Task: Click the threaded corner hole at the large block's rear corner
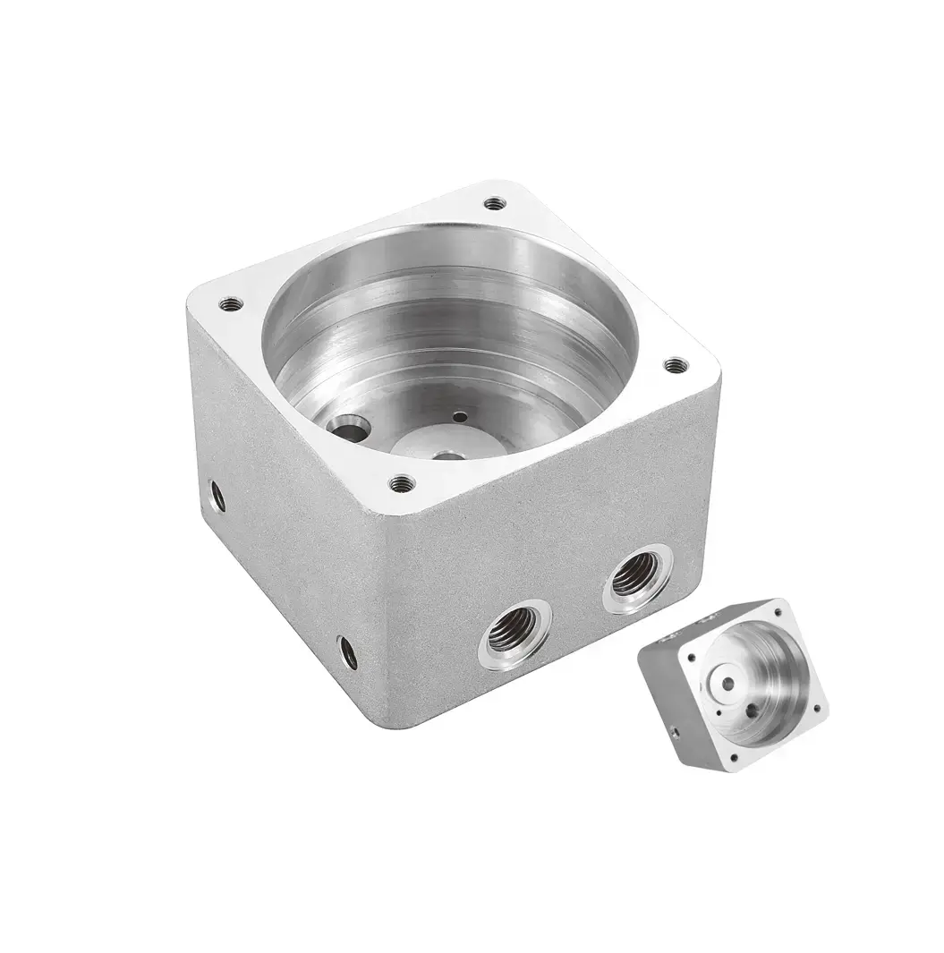(495, 204)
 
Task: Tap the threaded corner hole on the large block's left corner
(231, 304)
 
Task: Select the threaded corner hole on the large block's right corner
(676, 365)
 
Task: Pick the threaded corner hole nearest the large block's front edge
(403, 484)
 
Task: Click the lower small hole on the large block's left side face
(348, 652)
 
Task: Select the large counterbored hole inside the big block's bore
(347, 427)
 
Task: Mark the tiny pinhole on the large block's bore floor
(459, 416)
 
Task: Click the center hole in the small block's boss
(727, 684)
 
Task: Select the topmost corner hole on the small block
(778, 612)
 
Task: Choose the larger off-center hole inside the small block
(753, 710)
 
